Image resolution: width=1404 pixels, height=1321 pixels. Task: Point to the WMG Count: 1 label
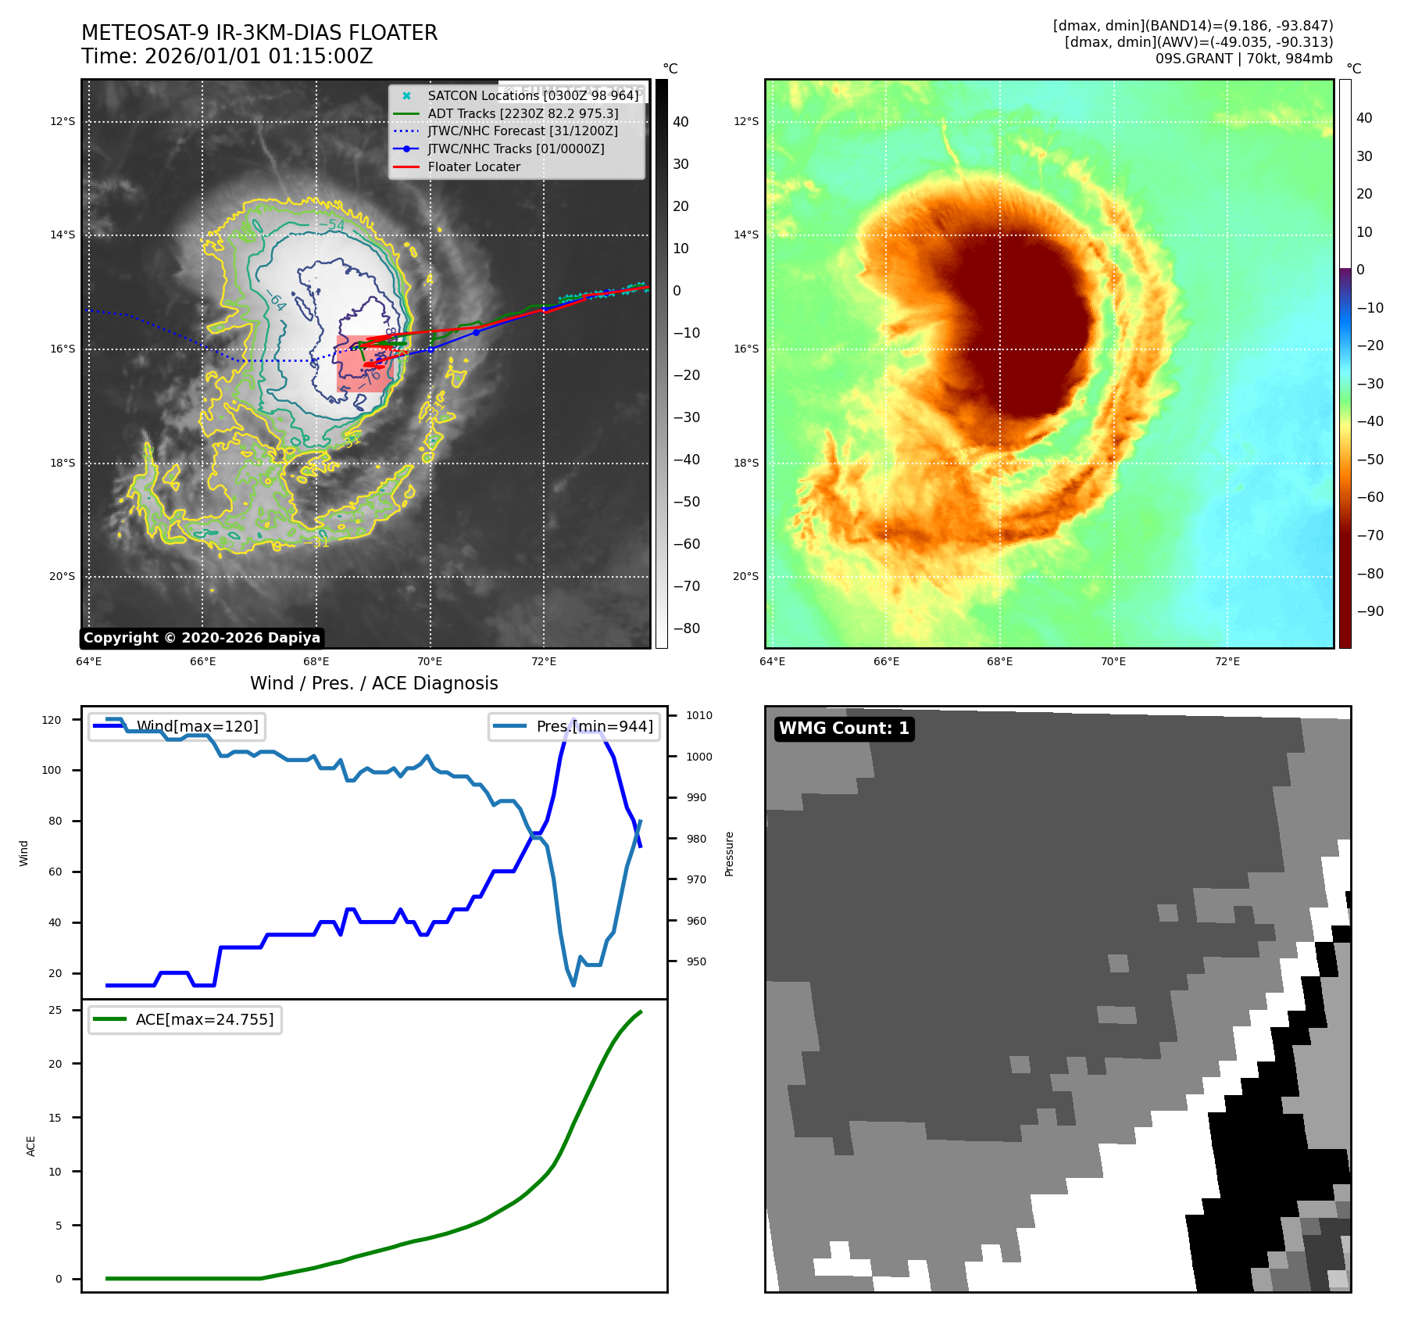coord(844,729)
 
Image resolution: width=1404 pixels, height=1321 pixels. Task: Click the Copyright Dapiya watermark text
coord(202,638)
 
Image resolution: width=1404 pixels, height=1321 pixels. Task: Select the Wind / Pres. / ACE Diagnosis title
coord(373,683)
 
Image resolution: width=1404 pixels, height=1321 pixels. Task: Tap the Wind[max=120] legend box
coord(177,726)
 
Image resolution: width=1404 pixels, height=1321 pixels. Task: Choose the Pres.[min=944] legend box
coord(574,726)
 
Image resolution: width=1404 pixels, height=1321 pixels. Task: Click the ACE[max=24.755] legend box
coord(185,1019)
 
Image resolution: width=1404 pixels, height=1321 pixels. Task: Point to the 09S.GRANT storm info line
coord(1244,59)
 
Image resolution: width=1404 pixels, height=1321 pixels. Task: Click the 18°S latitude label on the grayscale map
coord(63,463)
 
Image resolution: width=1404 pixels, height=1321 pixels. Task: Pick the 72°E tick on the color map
coord(1227,661)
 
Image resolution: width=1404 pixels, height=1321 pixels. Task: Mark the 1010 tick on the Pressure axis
coord(699,715)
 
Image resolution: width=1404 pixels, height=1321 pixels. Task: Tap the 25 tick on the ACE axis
coord(55,1010)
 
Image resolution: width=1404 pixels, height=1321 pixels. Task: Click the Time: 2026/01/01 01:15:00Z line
coord(227,56)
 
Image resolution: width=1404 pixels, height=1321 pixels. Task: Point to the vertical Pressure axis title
coord(729,854)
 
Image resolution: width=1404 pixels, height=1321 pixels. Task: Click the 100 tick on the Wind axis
coord(51,770)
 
